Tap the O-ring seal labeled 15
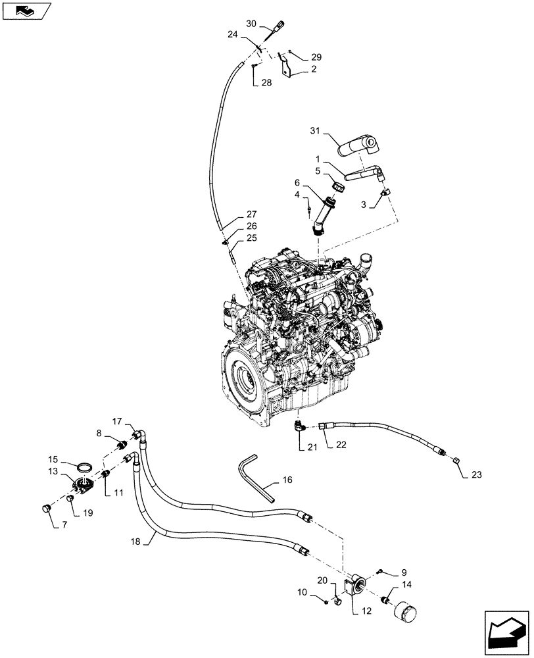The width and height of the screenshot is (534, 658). [x=84, y=467]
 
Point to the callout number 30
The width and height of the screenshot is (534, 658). [x=251, y=24]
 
